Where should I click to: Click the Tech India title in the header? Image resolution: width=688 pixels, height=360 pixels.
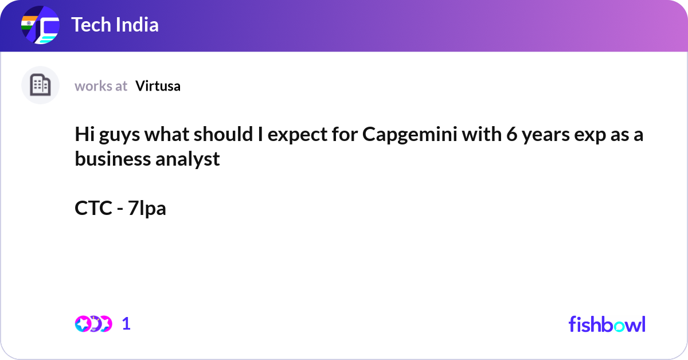coord(115,25)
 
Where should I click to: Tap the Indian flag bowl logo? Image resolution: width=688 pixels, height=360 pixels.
coord(40,26)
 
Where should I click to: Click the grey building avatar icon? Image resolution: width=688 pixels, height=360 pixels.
coord(40,85)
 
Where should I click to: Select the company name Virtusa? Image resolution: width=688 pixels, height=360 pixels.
coord(158,86)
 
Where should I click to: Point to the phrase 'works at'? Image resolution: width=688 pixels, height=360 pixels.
coord(101,86)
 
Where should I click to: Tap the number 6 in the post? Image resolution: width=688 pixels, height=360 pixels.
coord(511,135)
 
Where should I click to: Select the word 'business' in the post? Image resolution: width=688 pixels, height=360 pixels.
coord(112,159)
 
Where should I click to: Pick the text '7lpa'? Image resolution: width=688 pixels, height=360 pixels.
coord(147,208)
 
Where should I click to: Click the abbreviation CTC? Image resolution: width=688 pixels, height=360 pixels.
coord(93,208)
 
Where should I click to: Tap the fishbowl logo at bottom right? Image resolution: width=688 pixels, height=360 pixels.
coord(607,324)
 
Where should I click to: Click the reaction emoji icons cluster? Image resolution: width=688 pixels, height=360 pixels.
coord(93,324)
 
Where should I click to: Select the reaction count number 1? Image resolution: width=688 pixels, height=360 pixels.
coord(126,324)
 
